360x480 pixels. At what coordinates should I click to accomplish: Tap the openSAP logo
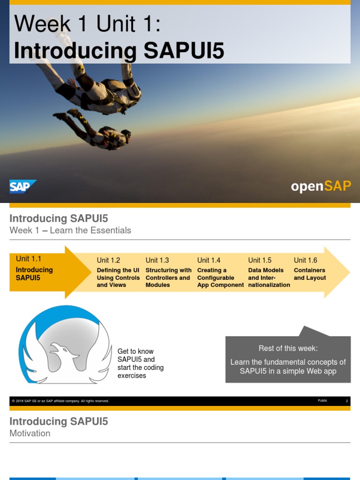pyautogui.click(x=321, y=186)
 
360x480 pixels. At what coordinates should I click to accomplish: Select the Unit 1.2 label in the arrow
pyautogui.click(x=108, y=260)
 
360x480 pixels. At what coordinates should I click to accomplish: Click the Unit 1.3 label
pyautogui.click(x=157, y=260)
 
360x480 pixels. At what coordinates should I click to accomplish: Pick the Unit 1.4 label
pyautogui.click(x=209, y=260)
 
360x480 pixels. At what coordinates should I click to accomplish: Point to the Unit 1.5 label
pyautogui.click(x=260, y=260)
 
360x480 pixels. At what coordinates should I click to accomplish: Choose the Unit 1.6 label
pyautogui.click(x=305, y=260)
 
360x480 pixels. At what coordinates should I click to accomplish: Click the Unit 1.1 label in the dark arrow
pyautogui.click(x=29, y=259)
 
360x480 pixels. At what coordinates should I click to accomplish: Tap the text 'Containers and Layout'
pyautogui.click(x=310, y=274)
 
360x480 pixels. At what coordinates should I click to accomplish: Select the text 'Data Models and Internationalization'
pyautogui.click(x=269, y=277)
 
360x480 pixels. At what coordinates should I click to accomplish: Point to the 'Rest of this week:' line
pyautogui.click(x=288, y=348)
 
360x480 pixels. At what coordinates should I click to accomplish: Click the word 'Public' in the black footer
pyautogui.click(x=322, y=401)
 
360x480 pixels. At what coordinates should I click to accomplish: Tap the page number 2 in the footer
pyautogui.click(x=347, y=401)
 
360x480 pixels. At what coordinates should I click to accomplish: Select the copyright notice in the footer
pyautogui.click(x=60, y=401)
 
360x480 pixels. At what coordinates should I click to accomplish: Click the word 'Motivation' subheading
pyautogui.click(x=30, y=433)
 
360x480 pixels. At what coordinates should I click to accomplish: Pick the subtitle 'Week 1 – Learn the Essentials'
pyautogui.click(x=70, y=230)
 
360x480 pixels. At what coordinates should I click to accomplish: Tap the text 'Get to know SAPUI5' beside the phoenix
pyautogui.click(x=135, y=355)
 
